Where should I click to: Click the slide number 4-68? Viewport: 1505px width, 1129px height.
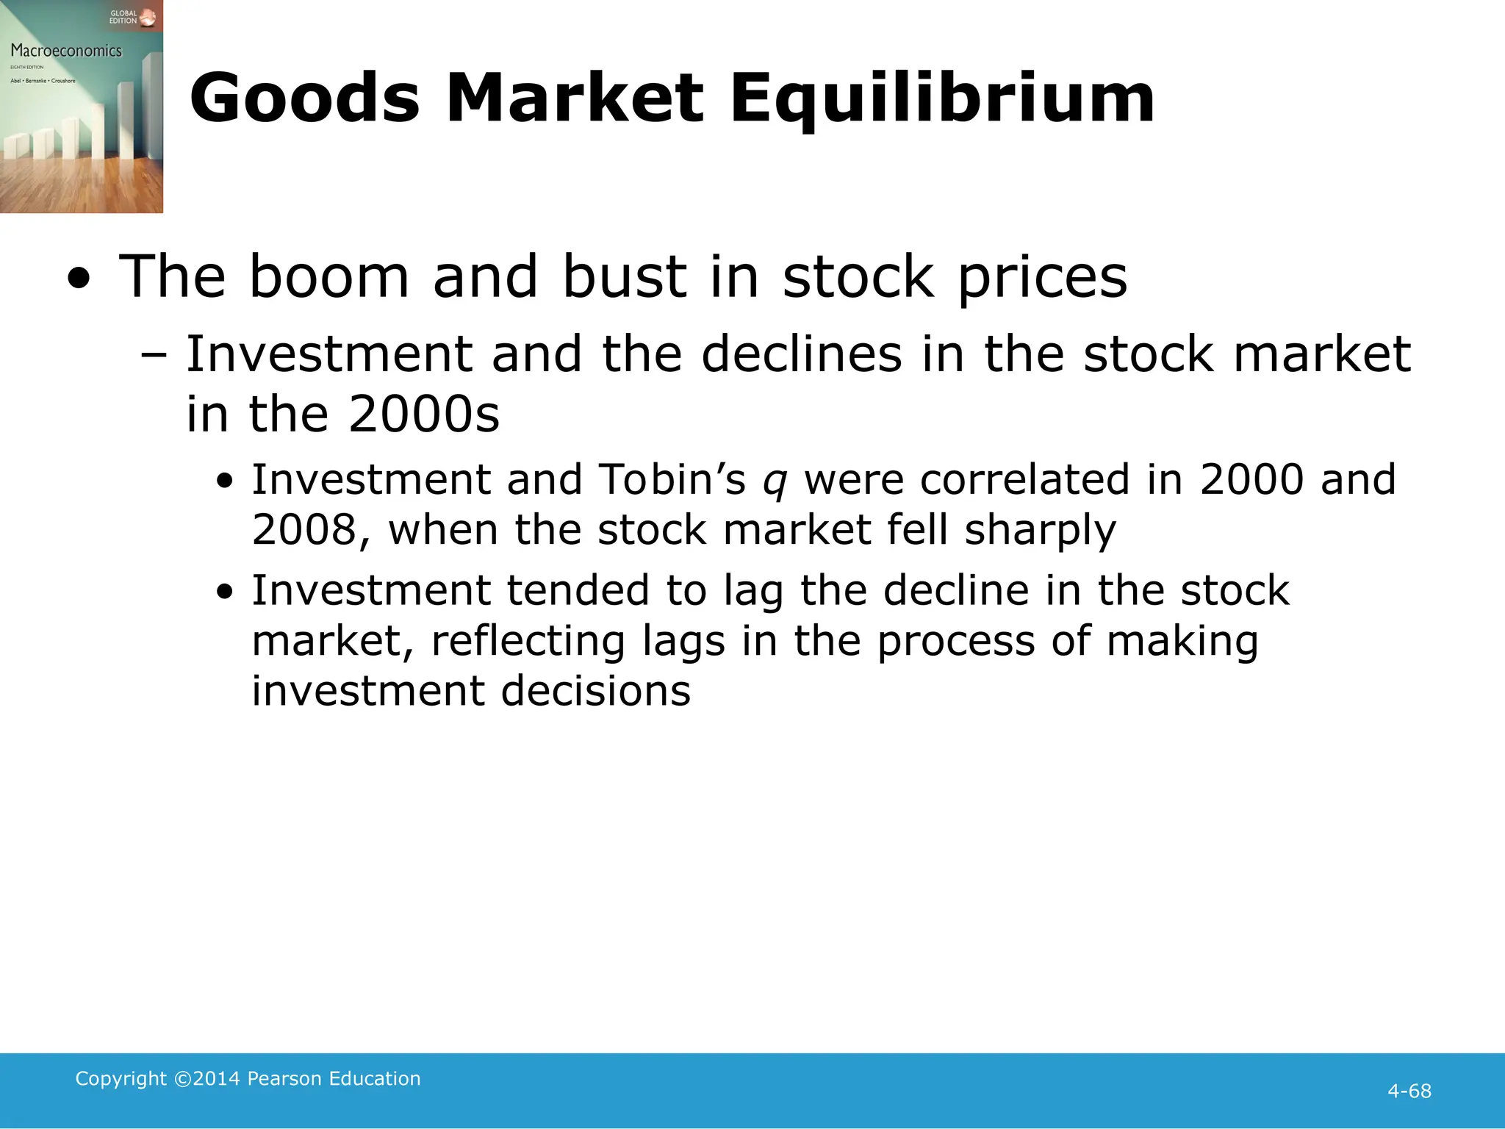[x=1409, y=1091]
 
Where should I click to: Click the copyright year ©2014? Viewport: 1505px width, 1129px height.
[x=207, y=1078]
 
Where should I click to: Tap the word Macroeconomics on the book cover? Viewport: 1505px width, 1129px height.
[x=66, y=51]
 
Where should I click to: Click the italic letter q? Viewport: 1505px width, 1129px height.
[x=775, y=481]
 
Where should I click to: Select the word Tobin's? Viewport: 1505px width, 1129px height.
[x=672, y=479]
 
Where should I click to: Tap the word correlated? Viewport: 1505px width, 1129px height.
[x=1024, y=479]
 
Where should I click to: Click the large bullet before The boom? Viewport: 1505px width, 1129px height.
[x=78, y=280]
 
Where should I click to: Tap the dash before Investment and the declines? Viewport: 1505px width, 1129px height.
[x=154, y=355]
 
